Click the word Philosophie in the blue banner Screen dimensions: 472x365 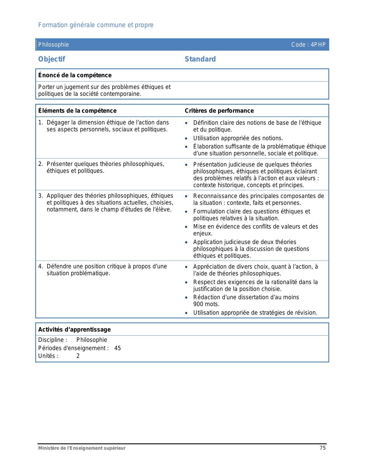coord(54,45)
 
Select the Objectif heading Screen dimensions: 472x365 coord(52,59)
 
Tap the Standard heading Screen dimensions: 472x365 coord(200,59)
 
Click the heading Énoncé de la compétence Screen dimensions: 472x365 coord(75,75)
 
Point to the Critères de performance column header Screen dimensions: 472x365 coord(219,111)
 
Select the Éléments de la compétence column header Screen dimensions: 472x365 coord(77,111)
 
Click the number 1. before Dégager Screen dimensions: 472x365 coord(40,122)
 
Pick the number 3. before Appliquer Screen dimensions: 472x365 coord(40,196)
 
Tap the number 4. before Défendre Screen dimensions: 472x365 coord(40,266)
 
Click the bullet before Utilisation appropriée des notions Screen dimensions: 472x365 coord(186,138)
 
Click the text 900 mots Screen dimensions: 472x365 coord(206,304)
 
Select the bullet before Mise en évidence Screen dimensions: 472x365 coord(186,227)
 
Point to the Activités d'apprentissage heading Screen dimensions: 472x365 coord(74,330)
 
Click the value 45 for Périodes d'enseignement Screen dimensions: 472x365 coord(117,348)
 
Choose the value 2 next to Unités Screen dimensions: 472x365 coord(78,356)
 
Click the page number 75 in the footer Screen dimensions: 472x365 coord(323,448)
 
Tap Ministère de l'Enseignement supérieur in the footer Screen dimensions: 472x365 coord(82,448)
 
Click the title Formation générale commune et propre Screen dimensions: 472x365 coord(96,25)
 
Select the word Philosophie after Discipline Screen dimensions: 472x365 coord(92,340)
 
